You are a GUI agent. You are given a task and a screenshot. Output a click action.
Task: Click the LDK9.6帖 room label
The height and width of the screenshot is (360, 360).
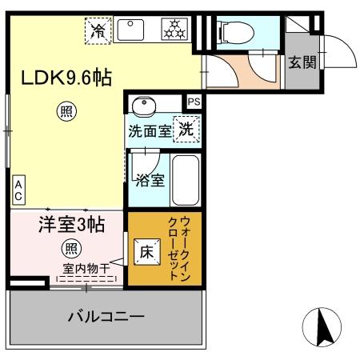coord(65,78)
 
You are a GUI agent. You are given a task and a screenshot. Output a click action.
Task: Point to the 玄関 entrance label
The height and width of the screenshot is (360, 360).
coord(302,62)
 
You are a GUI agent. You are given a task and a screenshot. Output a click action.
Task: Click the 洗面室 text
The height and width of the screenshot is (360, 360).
coord(150,131)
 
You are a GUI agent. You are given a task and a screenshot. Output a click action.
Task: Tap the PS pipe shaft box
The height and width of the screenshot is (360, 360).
coord(194,102)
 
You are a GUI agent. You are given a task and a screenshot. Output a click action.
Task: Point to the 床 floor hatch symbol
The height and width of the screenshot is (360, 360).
coord(147,250)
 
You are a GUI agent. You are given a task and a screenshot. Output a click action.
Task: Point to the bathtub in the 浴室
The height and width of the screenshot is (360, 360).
coord(186,179)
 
